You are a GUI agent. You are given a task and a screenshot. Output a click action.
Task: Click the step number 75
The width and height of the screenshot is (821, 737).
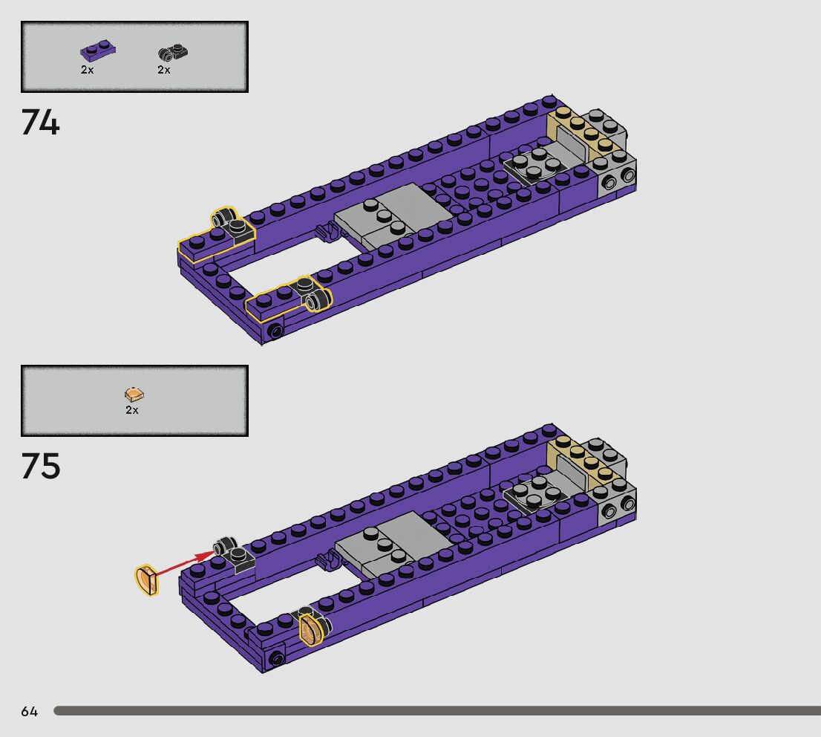click(41, 466)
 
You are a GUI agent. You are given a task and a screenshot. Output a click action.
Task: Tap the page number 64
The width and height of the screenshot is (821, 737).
click(30, 711)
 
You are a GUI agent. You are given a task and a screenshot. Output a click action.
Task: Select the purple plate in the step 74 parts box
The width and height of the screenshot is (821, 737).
click(98, 51)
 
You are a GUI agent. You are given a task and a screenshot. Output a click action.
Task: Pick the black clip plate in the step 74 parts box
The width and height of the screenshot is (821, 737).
click(173, 52)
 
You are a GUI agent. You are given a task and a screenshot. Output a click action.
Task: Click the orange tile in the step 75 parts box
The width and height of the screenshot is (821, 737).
click(134, 395)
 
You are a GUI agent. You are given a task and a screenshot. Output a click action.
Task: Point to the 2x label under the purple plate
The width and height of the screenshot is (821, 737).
click(87, 70)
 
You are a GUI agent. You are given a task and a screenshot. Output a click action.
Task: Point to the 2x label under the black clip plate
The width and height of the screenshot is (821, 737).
click(164, 70)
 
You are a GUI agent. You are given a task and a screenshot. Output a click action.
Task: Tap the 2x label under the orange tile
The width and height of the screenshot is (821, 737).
click(132, 410)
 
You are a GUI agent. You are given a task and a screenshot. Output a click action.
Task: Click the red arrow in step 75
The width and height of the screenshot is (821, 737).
click(184, 564)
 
